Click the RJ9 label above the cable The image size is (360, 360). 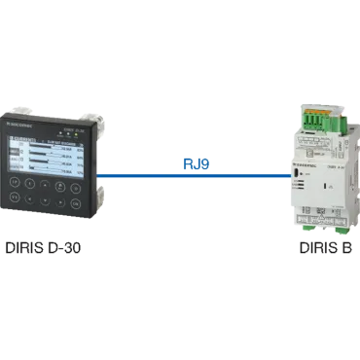[x=196, y=165]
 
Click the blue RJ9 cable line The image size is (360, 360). [x=195, y=177]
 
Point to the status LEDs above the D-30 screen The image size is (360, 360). [x=69, y=133]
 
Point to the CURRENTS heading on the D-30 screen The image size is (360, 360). [x=23, y=139]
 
